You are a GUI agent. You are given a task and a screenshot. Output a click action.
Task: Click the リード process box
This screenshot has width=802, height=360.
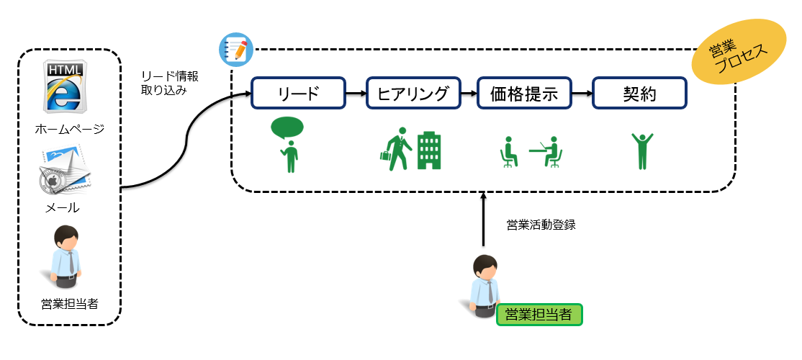(298, 93)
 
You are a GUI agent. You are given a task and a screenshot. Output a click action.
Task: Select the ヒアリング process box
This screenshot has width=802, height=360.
(413, 93)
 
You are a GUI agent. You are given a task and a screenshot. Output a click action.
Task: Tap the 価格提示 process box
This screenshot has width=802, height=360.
(524, 93)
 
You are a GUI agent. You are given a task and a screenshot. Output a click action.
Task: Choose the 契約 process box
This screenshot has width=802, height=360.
(639, 93)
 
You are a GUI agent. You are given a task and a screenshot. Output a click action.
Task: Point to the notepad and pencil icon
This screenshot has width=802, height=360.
(236, 50)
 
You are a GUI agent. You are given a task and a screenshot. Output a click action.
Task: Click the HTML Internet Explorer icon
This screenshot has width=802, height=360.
(63, 86)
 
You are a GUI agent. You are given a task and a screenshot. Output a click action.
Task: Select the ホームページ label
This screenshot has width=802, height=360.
(70, 129)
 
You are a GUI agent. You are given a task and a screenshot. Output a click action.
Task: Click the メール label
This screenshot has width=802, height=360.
(63, 207)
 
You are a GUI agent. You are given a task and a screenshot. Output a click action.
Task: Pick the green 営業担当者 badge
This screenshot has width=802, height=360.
(539, 315)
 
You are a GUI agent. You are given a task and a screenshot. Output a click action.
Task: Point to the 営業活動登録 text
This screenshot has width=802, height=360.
(541, 225)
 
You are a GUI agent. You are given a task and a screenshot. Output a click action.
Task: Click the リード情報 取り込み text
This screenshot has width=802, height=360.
(169, 84)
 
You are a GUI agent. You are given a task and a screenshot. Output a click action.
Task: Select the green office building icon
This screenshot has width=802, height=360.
(428, 151)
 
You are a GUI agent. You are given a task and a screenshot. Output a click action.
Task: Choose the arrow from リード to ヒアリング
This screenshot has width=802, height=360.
(356, 94)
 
